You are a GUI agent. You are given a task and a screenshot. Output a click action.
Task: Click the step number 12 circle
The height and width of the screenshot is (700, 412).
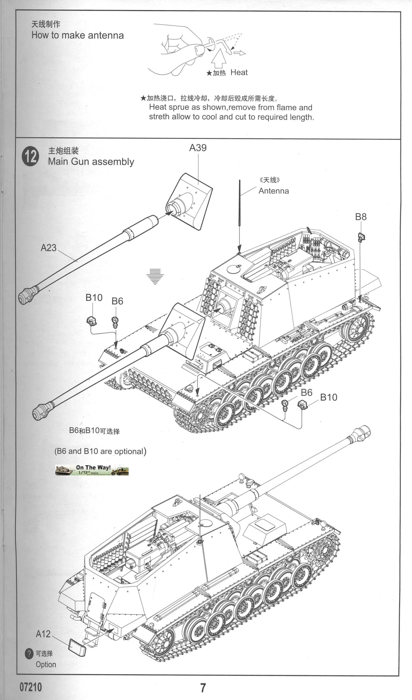pyautogui.click(x=30, y=156)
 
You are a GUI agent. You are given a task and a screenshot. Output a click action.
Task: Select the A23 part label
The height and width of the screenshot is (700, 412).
pyautogui.click(x=48, y=248)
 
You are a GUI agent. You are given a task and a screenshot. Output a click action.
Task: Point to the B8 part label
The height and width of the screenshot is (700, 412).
pyautogui.click(x=361, y=217)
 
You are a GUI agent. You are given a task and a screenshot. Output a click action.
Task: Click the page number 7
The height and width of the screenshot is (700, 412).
pyautogui.click(x=203, y=688)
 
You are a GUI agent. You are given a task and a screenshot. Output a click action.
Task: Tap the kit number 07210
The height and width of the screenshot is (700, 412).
pyautogui.click(x=31, y=687)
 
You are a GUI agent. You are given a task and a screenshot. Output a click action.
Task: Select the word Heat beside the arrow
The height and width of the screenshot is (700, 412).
pyautogui.click(x=239, y=72)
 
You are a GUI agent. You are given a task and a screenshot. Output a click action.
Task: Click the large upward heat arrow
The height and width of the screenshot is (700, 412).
pyautogui.click(x=219, y=58)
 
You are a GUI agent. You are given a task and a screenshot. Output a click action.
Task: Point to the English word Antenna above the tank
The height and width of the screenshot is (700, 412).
pyautogui.click(x=273, y=191)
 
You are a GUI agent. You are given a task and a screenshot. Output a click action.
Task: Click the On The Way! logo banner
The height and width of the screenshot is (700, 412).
pyautogui.click(x=92, y=470)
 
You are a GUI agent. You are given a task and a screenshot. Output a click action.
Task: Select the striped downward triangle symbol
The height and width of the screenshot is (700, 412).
pyautogui.click(x=155, y=276)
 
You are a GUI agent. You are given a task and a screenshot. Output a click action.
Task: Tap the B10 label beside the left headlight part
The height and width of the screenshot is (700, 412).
pyautogui.click(x=94, y=298)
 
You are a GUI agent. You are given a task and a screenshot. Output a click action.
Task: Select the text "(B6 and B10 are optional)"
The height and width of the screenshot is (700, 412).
pyautogui.click(x=100, y=451)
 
